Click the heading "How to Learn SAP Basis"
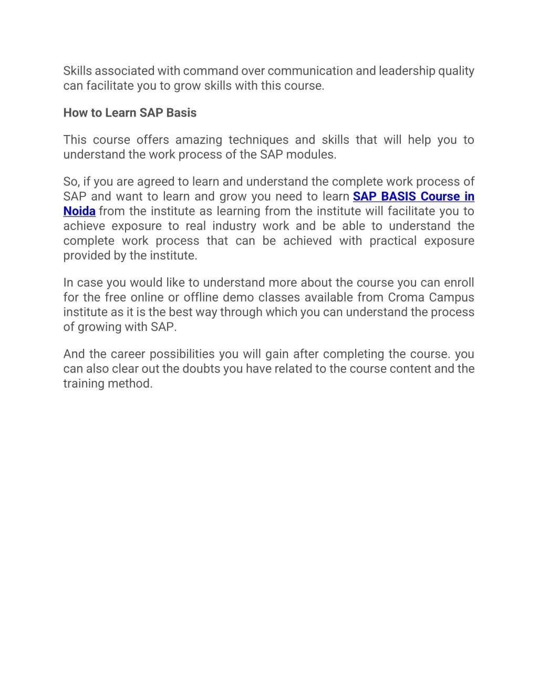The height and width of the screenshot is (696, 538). tap(130, 113)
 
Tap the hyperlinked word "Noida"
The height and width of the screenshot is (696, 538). tap(79, 211)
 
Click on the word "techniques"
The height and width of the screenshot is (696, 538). tap(258, 140)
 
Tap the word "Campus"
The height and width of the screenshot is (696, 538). tap(452, 297)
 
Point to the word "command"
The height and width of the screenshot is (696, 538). tap(211, 71)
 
